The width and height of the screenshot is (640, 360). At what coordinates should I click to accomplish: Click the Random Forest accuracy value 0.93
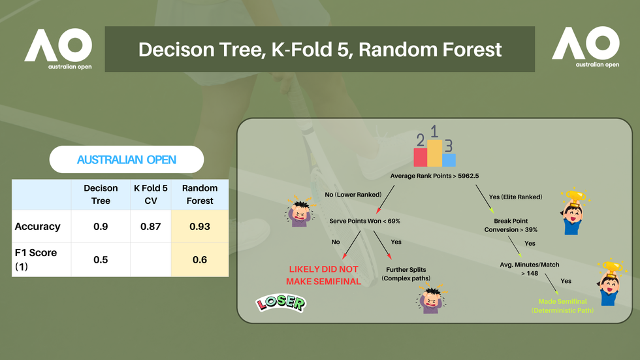pyautogui.click(x=200, y=227)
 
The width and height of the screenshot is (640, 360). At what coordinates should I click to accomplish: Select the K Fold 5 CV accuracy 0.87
pyautogui.click(x=151, y=227)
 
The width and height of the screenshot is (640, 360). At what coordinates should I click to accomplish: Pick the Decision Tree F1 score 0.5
pyautogui.click(x=101, y=259)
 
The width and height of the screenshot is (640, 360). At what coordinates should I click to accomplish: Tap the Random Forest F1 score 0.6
pyautogui.click(x=200, y=259)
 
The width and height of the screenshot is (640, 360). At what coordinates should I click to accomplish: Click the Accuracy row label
pyautogui.click(x=38, y=227)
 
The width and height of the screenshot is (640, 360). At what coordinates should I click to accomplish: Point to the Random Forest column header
pyautogui.click(x=200, y=194)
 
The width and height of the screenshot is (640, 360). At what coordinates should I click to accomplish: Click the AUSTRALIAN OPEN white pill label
pyautogui.click(x=127, y=159)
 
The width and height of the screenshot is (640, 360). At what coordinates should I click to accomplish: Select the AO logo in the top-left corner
pyautogui.click(x=58, y=49)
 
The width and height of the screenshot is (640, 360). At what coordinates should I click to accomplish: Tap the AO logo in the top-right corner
pyautogui.click(x=586, y=46)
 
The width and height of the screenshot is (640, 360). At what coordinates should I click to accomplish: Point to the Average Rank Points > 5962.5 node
pyautogui.click(x=434, y=176)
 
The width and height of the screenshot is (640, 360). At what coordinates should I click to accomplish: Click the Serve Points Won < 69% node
pyautogui.click(x=365, y=221)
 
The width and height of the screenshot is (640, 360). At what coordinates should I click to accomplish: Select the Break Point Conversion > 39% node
pyautogui.click(x=511, y=225)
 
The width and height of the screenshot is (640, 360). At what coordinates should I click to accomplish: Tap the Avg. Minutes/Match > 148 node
pyautogui.click(x=530, y=269)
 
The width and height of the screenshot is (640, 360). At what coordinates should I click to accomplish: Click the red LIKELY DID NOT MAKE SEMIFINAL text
pyautogui.click(x=323, y=275)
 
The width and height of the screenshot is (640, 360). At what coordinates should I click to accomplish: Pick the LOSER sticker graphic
pyautogui.click(x=281, y=303)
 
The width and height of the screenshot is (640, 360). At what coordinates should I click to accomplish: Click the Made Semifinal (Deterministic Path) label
pyautogui.click(x=562, y=306)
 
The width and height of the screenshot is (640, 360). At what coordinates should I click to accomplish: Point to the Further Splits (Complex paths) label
pyautogui.click(x=406, y=274)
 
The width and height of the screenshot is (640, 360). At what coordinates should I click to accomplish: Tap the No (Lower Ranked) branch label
pyautogui.click(x=353, y=195)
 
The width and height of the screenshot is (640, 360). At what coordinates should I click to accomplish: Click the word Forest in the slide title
pyautogui.click(x=472, y=50)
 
